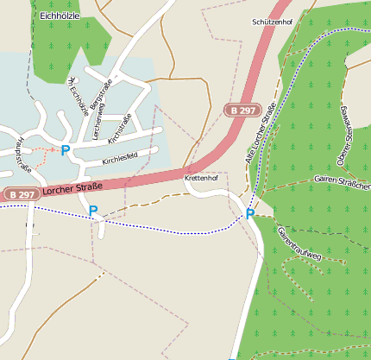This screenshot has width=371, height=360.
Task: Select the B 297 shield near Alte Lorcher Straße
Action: point(243,110)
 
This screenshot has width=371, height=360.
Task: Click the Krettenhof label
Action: point(201,178)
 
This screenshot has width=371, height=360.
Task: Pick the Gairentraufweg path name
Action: point(299,243)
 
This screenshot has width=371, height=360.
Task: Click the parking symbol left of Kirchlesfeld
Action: point(66,149)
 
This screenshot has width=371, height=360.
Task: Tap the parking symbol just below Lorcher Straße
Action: point(93,211)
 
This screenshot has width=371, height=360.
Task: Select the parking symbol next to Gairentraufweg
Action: point(250,214)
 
